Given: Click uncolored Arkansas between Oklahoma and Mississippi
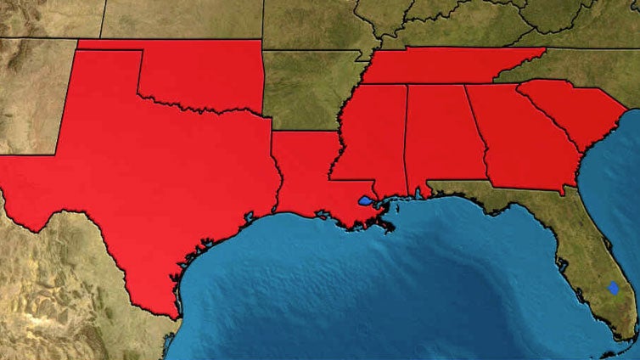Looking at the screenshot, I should click(x=306, y=89).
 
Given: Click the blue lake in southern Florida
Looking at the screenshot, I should click(x=613, y=288).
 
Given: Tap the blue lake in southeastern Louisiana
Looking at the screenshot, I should click(x=365, y=202).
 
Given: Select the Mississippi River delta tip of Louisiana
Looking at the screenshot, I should click(x=389, y=228).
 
